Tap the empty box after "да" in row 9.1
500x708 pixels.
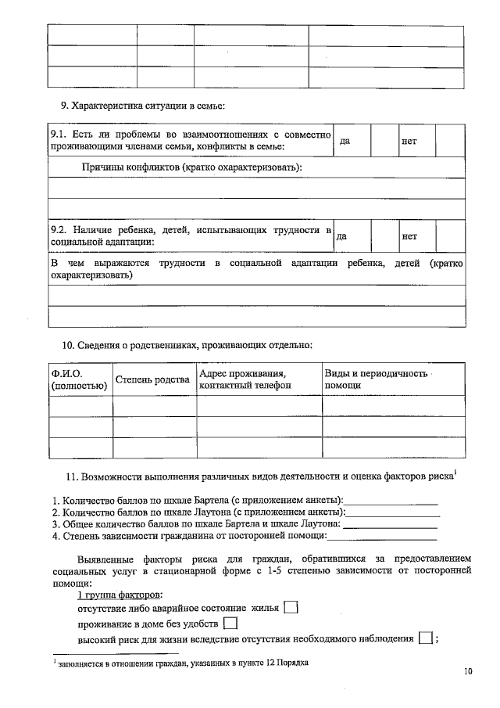tap(384, 142)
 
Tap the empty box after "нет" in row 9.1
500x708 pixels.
tap(448, 142)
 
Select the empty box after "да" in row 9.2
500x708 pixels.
tap(384, 235)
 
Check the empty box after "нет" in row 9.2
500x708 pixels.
tap(448, 235)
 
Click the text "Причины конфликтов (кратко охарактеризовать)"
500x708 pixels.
tap(192, 167)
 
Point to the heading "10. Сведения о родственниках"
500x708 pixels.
tap(187, 344)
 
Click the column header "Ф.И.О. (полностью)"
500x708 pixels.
tap(79, 379)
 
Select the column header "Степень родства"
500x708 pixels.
tap(153, 379)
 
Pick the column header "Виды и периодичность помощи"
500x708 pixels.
tap(376, 379)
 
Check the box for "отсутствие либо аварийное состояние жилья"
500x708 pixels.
tap(291, 607)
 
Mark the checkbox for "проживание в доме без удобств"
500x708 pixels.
tap(230, 624)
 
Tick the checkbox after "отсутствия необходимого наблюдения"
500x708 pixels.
tap(426, 639)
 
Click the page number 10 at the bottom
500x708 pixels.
tap(468, 670)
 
